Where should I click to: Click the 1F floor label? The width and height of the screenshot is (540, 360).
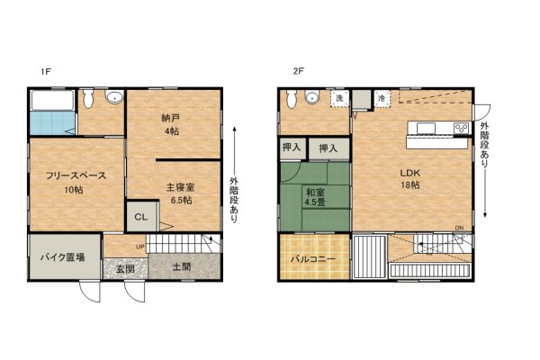[46, 72]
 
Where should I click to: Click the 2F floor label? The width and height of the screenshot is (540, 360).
[298, 71]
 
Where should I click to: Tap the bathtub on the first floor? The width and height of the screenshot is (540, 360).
[52, 100]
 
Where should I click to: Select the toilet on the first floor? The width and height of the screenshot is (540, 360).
[88, 98]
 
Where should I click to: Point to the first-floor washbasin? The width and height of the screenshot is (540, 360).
[114, 97]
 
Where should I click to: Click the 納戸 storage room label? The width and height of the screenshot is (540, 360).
[171, 118]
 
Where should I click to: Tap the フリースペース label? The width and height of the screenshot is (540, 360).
[76, 175]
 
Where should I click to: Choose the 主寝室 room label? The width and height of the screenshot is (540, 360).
[181, 187]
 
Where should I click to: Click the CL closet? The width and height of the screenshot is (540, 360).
[141, 217]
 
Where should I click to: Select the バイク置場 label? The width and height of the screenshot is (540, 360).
[62, 257]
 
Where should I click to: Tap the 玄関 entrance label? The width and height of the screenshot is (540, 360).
[125, 269]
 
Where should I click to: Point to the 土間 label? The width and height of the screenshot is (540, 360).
[181, 266]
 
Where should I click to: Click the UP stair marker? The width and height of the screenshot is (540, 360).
[140, 247]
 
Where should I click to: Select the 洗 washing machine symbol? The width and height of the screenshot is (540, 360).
[340, 98]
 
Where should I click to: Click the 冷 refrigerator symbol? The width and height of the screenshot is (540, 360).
[382, 98]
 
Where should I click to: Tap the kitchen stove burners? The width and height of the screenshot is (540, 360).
[462, 128]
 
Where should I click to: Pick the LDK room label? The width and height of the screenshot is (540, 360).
[410, 173]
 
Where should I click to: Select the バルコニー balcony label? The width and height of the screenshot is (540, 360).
[313, 259]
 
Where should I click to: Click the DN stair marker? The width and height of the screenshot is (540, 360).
[459, 228]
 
